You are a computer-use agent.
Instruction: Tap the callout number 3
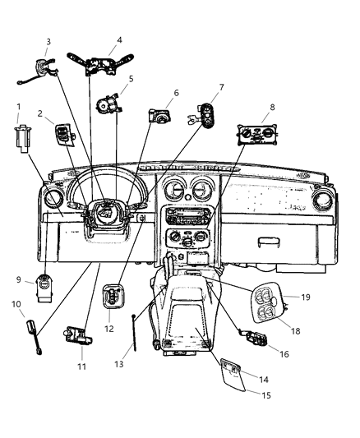coord(48,41)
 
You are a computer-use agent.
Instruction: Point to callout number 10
coord(15,305)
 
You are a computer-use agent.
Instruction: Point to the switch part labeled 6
coord(159,116)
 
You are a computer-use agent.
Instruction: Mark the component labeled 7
coord(205,115)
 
